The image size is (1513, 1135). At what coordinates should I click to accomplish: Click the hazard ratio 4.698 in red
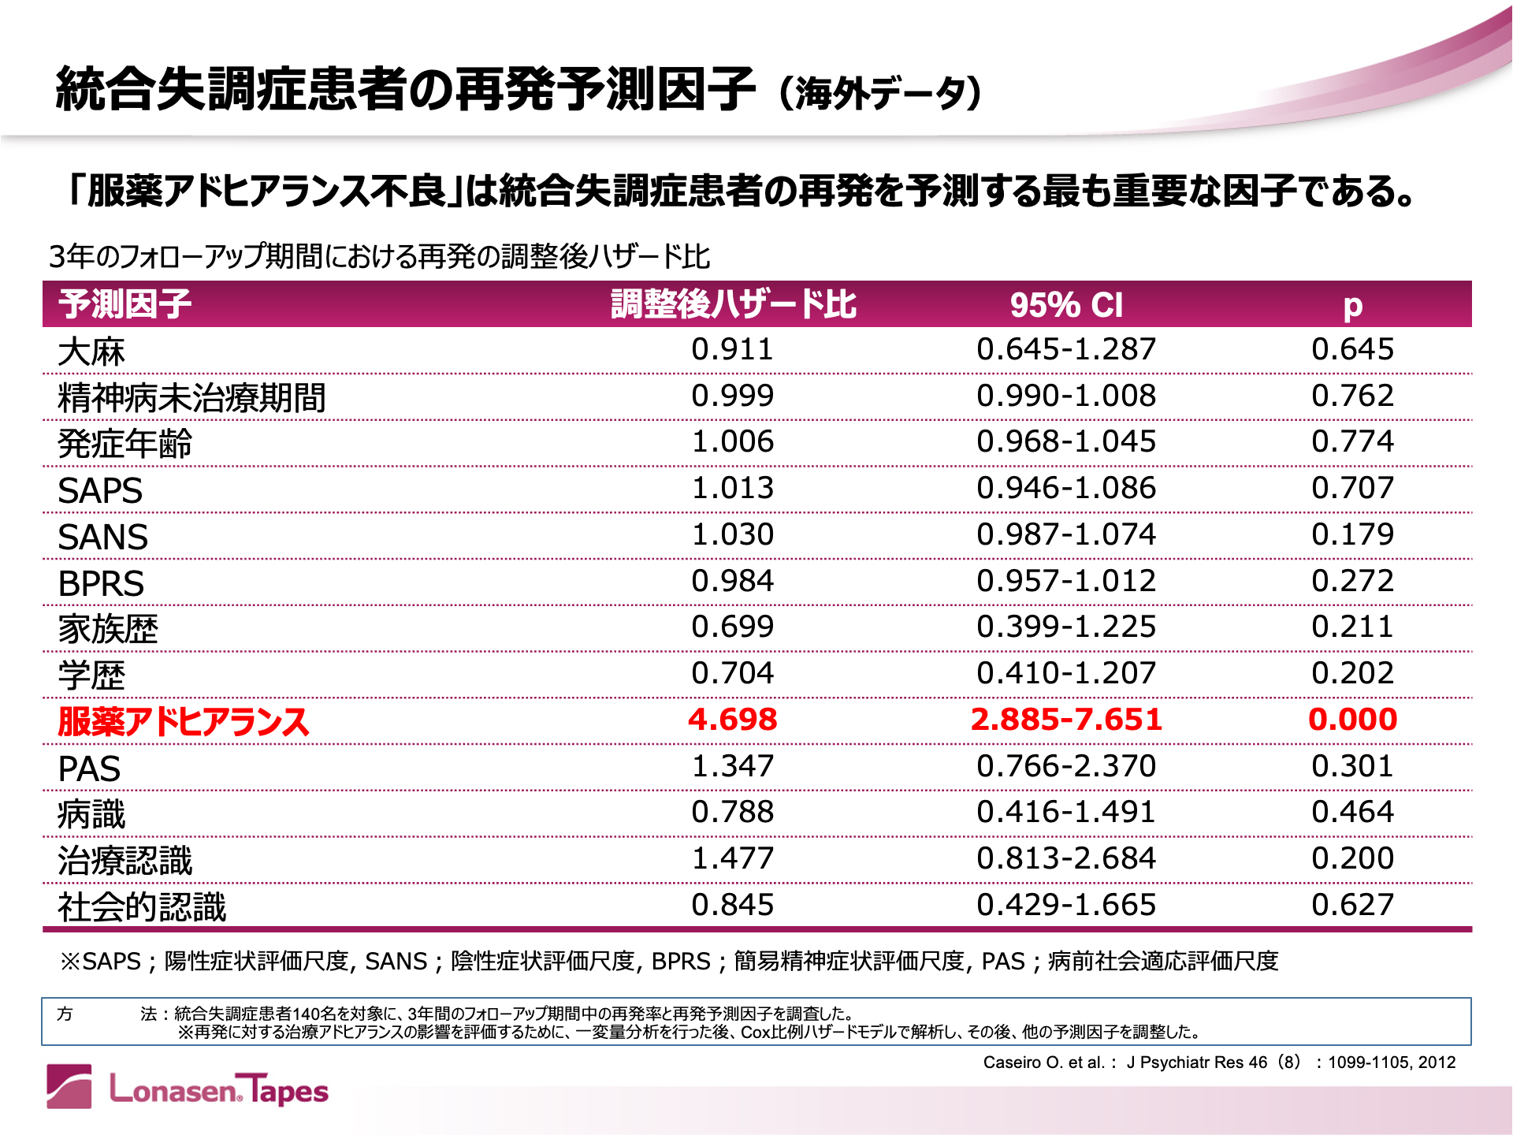pyautogui.click(x=732, y=719)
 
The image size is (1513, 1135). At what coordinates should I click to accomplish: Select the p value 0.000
pyautogui.click(x=1352, y=719)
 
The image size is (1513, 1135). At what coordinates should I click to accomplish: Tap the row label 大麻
pyautogui.click(x=91, y=352)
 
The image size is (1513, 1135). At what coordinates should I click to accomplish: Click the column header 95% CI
pyautogui.click(x=1066, y=305)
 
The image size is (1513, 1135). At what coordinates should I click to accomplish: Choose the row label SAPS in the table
pyautogui.click(x=100, y=490)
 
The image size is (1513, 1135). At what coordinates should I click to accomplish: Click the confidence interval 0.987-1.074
pyautogui.click(x=1066, y=534)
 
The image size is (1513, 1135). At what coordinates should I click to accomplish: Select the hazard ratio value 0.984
pyautogui.click(x=732, y=581)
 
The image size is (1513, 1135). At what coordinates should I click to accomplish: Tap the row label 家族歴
pyautogui.click(x=108, y=629)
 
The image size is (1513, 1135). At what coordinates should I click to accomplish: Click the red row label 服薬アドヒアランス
pyautogui.click(x=183, y=721)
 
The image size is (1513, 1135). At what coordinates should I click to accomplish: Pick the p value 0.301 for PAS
pyautogui.click(x=1352, y=765)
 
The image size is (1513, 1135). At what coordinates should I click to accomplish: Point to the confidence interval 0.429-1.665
pyautogui.click(x=1066, y=904)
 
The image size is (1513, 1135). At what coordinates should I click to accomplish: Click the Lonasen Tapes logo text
pyautogui.click(x=218, y=1090)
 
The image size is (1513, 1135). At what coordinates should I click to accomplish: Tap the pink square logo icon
pyautogui.click(x=69, y=1086)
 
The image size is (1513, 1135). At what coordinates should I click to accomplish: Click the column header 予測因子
pyautogui.click(x=125, y=304)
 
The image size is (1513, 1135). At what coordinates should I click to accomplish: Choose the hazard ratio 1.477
pyautogui.click(x=732, y=858)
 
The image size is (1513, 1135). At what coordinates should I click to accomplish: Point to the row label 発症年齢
pyautogui.click(x=125, y=444)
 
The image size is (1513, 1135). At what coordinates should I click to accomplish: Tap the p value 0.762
pyautogui.click(x=1352, y=396)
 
